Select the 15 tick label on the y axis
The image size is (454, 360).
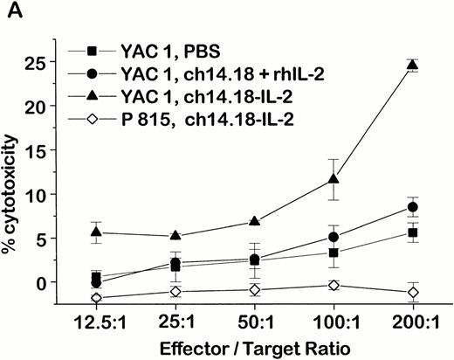[58, 151]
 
